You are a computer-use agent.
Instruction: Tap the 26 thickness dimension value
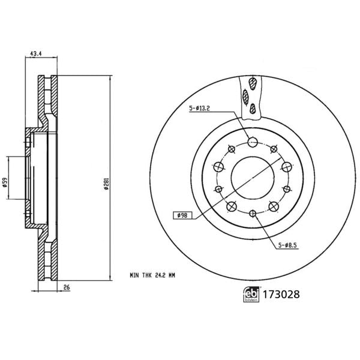67,288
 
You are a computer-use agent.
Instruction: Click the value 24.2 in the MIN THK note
160,275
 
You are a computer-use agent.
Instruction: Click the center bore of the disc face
252,178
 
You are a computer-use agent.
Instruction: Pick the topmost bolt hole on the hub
252,142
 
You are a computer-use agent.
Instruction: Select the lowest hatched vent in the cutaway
253,108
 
